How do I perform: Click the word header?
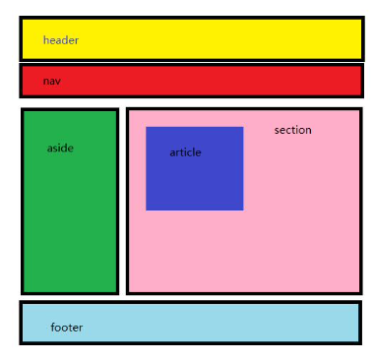click(60, 40)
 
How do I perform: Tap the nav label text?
click(51, 81)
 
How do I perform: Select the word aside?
click(60, 149)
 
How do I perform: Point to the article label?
click(185, 152)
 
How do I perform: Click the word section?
click(292, 130)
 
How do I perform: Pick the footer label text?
click(67, 328)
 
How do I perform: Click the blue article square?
click(194, 182)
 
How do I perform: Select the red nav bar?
click(197, 81)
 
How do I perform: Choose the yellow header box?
click(197, 39)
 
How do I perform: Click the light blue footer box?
click(197, 323)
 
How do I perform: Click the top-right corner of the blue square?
click(242, 127)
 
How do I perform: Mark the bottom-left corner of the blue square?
click(147, 210)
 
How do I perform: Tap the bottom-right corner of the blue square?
click(242, 210)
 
